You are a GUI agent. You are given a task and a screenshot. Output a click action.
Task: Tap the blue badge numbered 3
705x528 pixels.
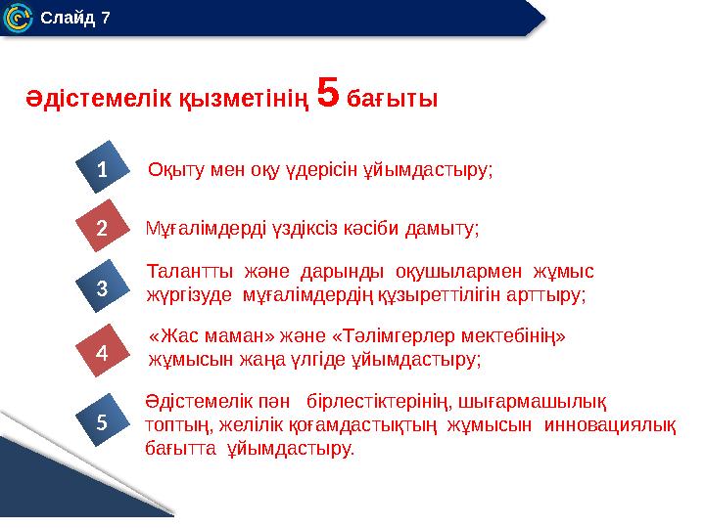tap(101, 288)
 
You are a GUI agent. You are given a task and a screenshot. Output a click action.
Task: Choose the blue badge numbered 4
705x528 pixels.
tap(101, 349)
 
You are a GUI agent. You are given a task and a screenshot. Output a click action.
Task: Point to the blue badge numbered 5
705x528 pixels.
tap(101, 421)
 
